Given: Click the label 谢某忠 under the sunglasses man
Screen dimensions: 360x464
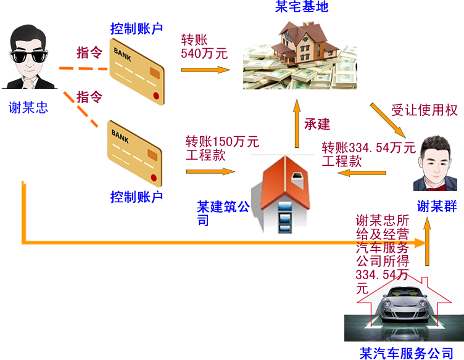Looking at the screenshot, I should coord(28,108).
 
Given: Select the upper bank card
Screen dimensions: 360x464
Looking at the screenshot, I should coord(136,67).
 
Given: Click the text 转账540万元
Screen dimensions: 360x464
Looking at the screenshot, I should coord(204,47).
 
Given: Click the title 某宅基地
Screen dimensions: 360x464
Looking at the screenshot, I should coord(302,7).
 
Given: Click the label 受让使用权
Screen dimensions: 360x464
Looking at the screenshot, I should coord(425,110).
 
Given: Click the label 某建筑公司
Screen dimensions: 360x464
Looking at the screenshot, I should coord(223,213).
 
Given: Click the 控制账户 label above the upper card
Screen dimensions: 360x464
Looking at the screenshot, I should coord(136,28).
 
